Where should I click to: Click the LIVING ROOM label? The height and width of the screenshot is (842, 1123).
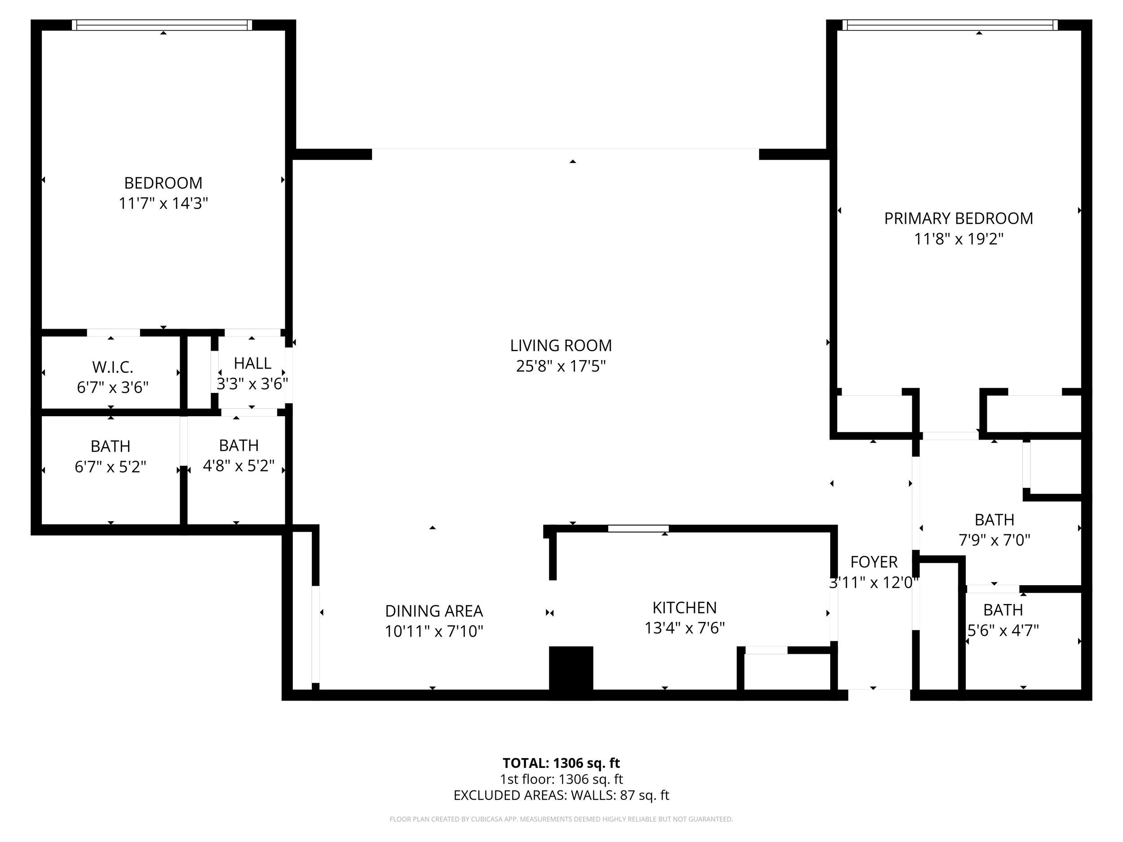click(x=561, y=345)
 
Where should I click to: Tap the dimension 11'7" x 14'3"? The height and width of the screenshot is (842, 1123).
click(x=163, y=203)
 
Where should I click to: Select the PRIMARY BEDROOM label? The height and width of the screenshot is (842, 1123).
click(x=958, y=218)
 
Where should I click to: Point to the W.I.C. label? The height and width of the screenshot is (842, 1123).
click(x=112, y=367)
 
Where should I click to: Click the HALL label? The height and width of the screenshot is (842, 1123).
click(x=252, y=363)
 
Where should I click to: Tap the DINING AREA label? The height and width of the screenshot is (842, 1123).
click(x=433, y=611)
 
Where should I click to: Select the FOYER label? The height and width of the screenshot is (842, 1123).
click(x=873, y=562)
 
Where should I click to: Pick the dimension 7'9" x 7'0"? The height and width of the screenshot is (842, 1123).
click(x=994, y=540)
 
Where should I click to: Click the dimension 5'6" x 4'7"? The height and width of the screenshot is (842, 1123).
click(x=1003, y=630)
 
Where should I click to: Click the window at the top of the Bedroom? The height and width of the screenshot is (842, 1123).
click(x=162, y=25)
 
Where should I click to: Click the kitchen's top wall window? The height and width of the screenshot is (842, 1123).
click(x=638, y=529)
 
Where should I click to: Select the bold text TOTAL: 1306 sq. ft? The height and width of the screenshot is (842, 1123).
click(x=561, y=763)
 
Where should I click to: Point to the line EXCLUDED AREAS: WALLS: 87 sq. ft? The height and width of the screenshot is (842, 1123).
click(x=561, y=795)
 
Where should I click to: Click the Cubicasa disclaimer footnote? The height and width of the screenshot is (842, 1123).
click(x=561, y=819)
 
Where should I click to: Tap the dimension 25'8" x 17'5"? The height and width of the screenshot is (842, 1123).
click(x=561, y=366)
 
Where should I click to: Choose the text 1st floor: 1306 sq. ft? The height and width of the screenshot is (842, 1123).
click(x=561, y=779)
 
